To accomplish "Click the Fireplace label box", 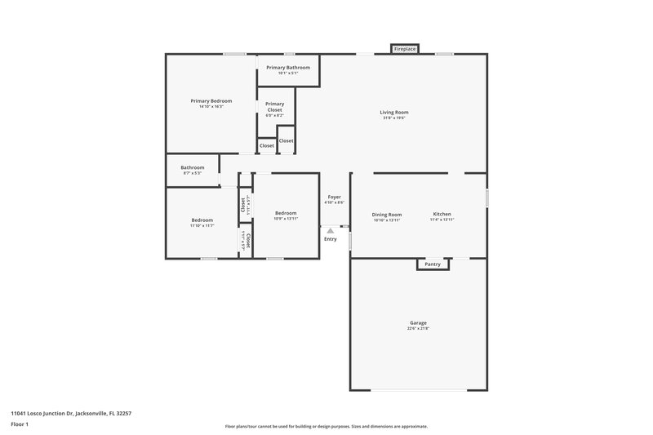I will click(x=405, y=50).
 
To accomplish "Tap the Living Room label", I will click(x=393, y=112).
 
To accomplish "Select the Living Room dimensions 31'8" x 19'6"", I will click(x=393, y=118).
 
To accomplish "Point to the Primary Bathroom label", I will click(x=288, y=67).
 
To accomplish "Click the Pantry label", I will click(x=433, y=264).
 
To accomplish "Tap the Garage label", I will click(x=418, y=322).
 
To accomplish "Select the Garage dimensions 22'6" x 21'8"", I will click(x=418, y=329).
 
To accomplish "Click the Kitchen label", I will click(x=442, y=214).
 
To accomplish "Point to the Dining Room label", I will click(x=388, y=214).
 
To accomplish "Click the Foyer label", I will click(x=335, y=197).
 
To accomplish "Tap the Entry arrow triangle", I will click(x=330, y=231).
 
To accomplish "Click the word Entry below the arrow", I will click(x=330, y=239).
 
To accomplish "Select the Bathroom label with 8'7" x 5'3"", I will click(x=193, y=167).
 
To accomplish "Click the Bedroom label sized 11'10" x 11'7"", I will click(x=202, y=220).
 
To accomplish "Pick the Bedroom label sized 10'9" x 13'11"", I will click(x=286, y=213).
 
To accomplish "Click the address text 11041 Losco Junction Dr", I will click(x=71, y=413).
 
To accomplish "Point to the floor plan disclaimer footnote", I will click(x=326, y=426).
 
